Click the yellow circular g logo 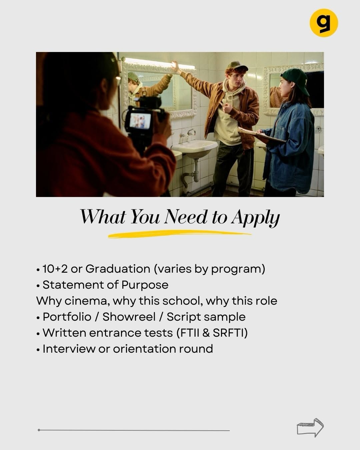point(324,23)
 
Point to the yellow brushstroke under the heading point(179,234)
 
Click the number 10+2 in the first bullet point(55,269)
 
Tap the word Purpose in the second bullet point(145,285)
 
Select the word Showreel point(129,317)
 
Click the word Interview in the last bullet point(69,349)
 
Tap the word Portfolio point(67,317)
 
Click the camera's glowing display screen point(140,121)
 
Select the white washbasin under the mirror point(194,148)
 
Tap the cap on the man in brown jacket point(236,66)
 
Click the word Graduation point(118,269)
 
